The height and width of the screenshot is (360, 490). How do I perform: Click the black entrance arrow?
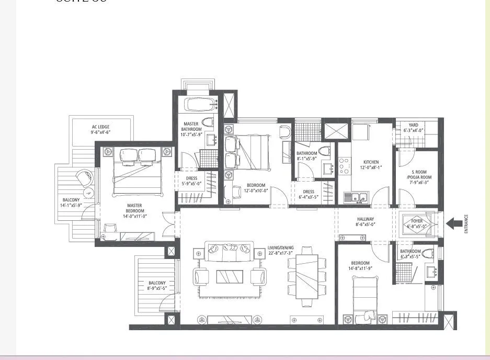click(x=454, y=223)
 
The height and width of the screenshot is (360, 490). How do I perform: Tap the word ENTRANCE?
click(x=466, y=224)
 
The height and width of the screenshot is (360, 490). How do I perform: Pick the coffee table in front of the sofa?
click(x=229, y=276)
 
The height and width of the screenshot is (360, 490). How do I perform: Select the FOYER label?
click(x=417, y=223)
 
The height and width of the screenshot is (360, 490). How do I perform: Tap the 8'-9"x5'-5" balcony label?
click(x=156, y=286)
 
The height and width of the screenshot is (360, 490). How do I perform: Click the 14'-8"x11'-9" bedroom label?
click(x=360, y=266)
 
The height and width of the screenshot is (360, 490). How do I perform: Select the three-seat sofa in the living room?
click(x=229, y=251)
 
